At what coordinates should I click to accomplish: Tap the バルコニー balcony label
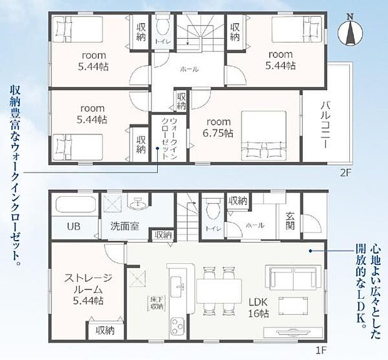[x=325, y=124]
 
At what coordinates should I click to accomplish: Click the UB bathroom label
[x=73, y=226]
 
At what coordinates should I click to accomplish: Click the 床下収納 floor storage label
[x=156, y=302]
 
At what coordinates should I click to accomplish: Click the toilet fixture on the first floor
[x=211, y=209]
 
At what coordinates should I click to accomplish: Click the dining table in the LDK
[x=219, y=291]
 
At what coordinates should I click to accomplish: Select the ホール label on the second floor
[x=189, y=69]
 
